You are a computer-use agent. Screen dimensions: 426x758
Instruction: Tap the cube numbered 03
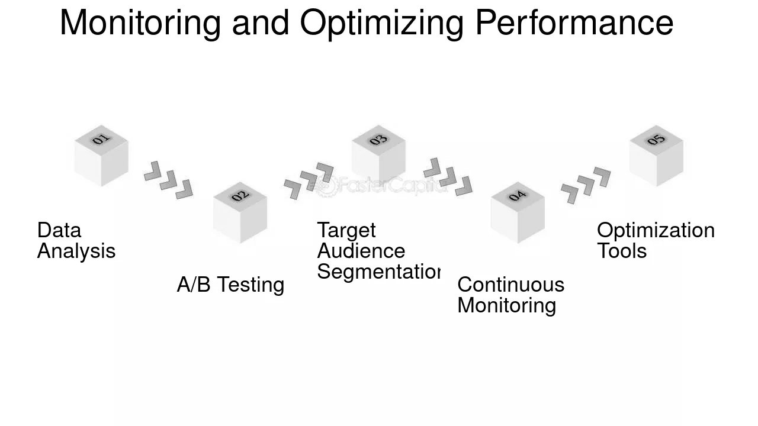click(378, 155)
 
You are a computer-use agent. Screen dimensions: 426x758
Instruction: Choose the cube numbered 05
click(656, 156)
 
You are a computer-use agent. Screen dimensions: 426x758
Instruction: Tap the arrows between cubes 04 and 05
click(586, 185)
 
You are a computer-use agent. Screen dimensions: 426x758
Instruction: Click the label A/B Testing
click(230, 285)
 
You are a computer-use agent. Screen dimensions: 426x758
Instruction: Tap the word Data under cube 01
click(59, 230)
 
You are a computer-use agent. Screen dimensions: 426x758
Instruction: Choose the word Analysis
click(76, 251)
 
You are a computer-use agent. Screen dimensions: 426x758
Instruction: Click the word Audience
click(361, 251)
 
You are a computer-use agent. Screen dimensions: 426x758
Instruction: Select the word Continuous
click(510, 285)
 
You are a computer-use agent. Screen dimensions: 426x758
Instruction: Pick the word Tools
click(622, 251)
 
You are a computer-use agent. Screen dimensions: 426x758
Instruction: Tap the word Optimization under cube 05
click(656, 230)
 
